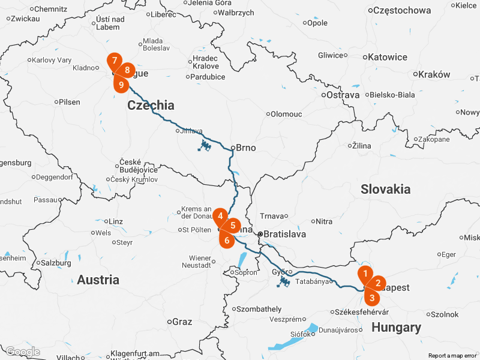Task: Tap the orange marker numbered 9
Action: pos(121,85)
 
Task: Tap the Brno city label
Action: pos(246,148)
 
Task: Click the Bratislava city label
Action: pos(285,235)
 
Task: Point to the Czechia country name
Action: pos(151,106)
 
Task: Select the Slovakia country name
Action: pos(385,190)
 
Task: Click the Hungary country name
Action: pos(396,328)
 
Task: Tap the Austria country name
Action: pos(98,280)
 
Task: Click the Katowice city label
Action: pos(386,58)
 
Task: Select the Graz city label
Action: pos(182,322)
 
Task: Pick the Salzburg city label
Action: pos(57,263)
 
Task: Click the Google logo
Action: pos(22,352)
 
